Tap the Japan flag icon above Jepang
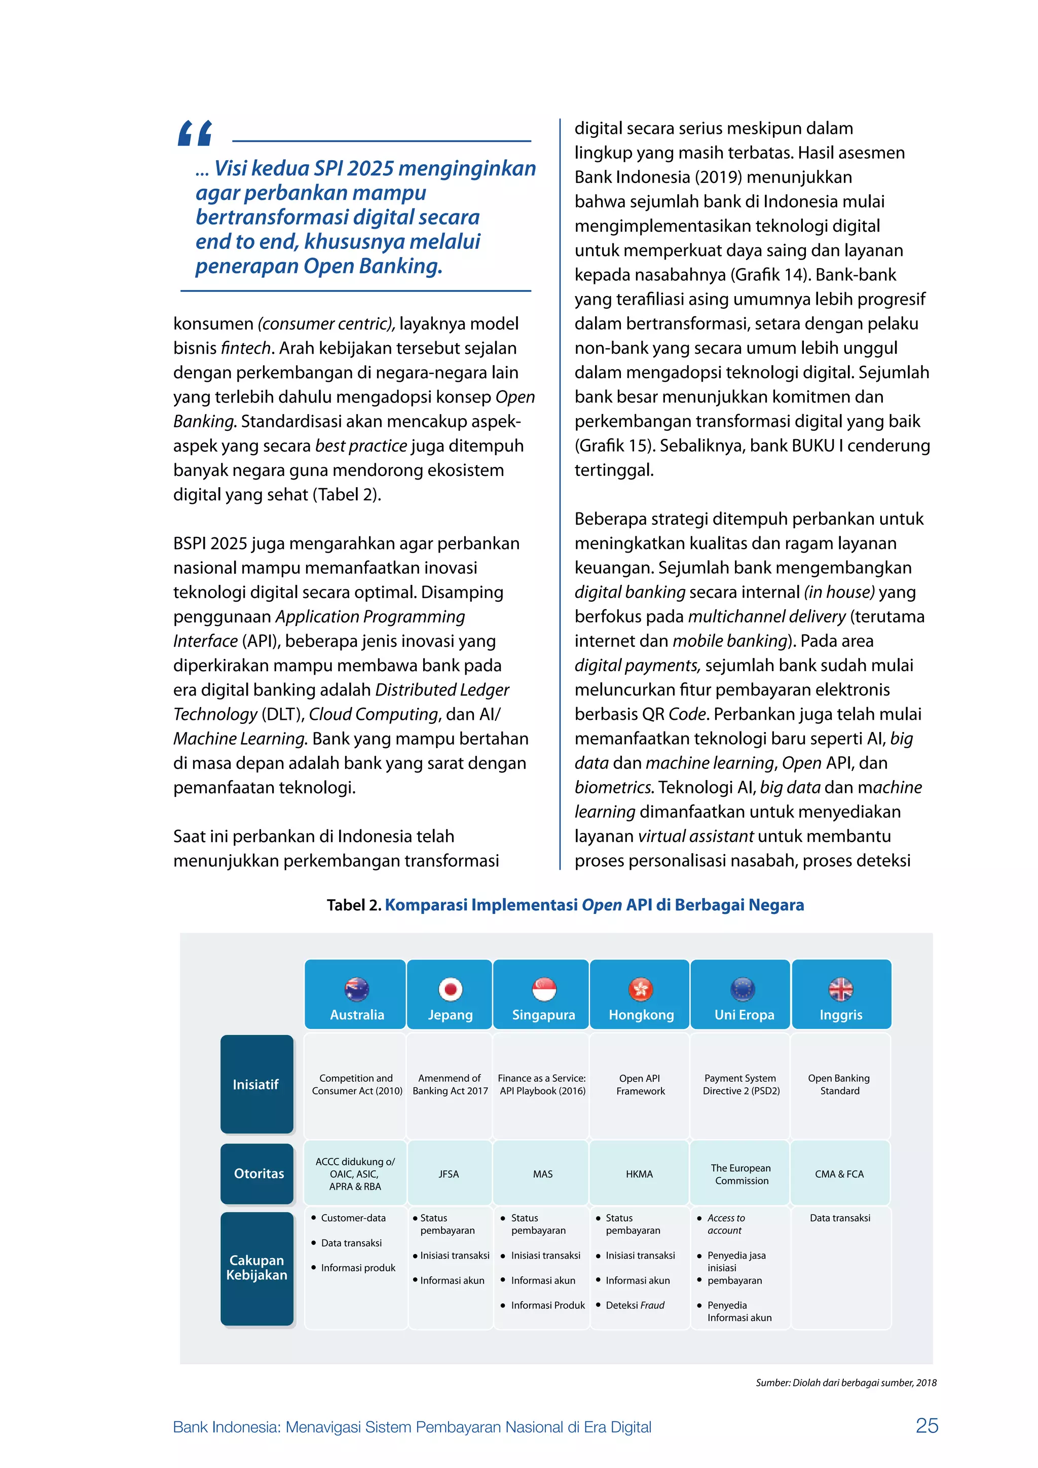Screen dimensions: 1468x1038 coord(450,989)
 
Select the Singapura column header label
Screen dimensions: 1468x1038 coord(543,1015)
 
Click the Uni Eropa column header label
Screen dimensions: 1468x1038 coord(744,1015)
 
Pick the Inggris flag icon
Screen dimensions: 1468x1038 coord(840,989)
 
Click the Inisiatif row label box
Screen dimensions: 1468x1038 coord(256,1084)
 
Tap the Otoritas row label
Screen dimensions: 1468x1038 coord(258,1173)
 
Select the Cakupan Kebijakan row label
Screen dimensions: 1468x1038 coord(257,1267)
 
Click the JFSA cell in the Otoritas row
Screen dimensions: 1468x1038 coord(449,1174)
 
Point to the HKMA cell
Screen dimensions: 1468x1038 coord(639,1174)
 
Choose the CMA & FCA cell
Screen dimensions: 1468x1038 coord(839,1174)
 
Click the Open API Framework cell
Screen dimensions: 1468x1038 coord(640,1084)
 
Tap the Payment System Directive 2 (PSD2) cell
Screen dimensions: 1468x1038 coord(741,1084)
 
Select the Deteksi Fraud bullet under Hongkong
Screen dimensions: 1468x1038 coord(635,1305)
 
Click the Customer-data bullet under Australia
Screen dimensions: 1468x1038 coord(353,1218)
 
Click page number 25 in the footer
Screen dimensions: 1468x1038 coord(927,1426)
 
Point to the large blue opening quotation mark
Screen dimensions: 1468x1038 coord(195,133)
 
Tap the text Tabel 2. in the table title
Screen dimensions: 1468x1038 coord(353,905)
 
